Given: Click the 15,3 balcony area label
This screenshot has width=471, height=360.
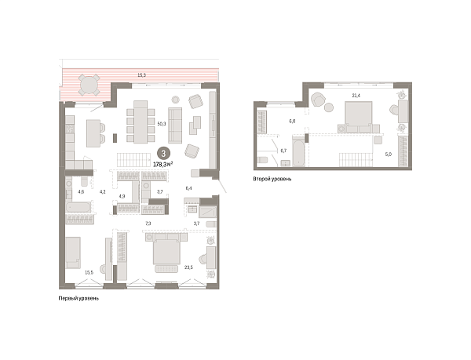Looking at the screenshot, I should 141,75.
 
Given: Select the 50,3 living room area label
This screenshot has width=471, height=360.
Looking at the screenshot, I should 161,123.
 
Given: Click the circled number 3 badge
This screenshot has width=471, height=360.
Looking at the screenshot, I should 162,154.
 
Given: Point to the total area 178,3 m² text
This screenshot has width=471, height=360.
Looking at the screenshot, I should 163,165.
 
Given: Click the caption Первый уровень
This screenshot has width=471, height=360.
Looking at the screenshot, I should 78,299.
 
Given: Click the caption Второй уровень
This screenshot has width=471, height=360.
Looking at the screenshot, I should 272,179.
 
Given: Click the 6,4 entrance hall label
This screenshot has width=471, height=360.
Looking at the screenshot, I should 188,189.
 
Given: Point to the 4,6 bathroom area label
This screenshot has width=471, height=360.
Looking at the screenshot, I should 80,191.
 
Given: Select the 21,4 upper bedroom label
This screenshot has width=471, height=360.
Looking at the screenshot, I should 356,96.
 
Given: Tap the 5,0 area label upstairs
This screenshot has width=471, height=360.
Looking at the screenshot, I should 388,155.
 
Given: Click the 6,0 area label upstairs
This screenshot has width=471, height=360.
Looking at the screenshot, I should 292,122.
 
